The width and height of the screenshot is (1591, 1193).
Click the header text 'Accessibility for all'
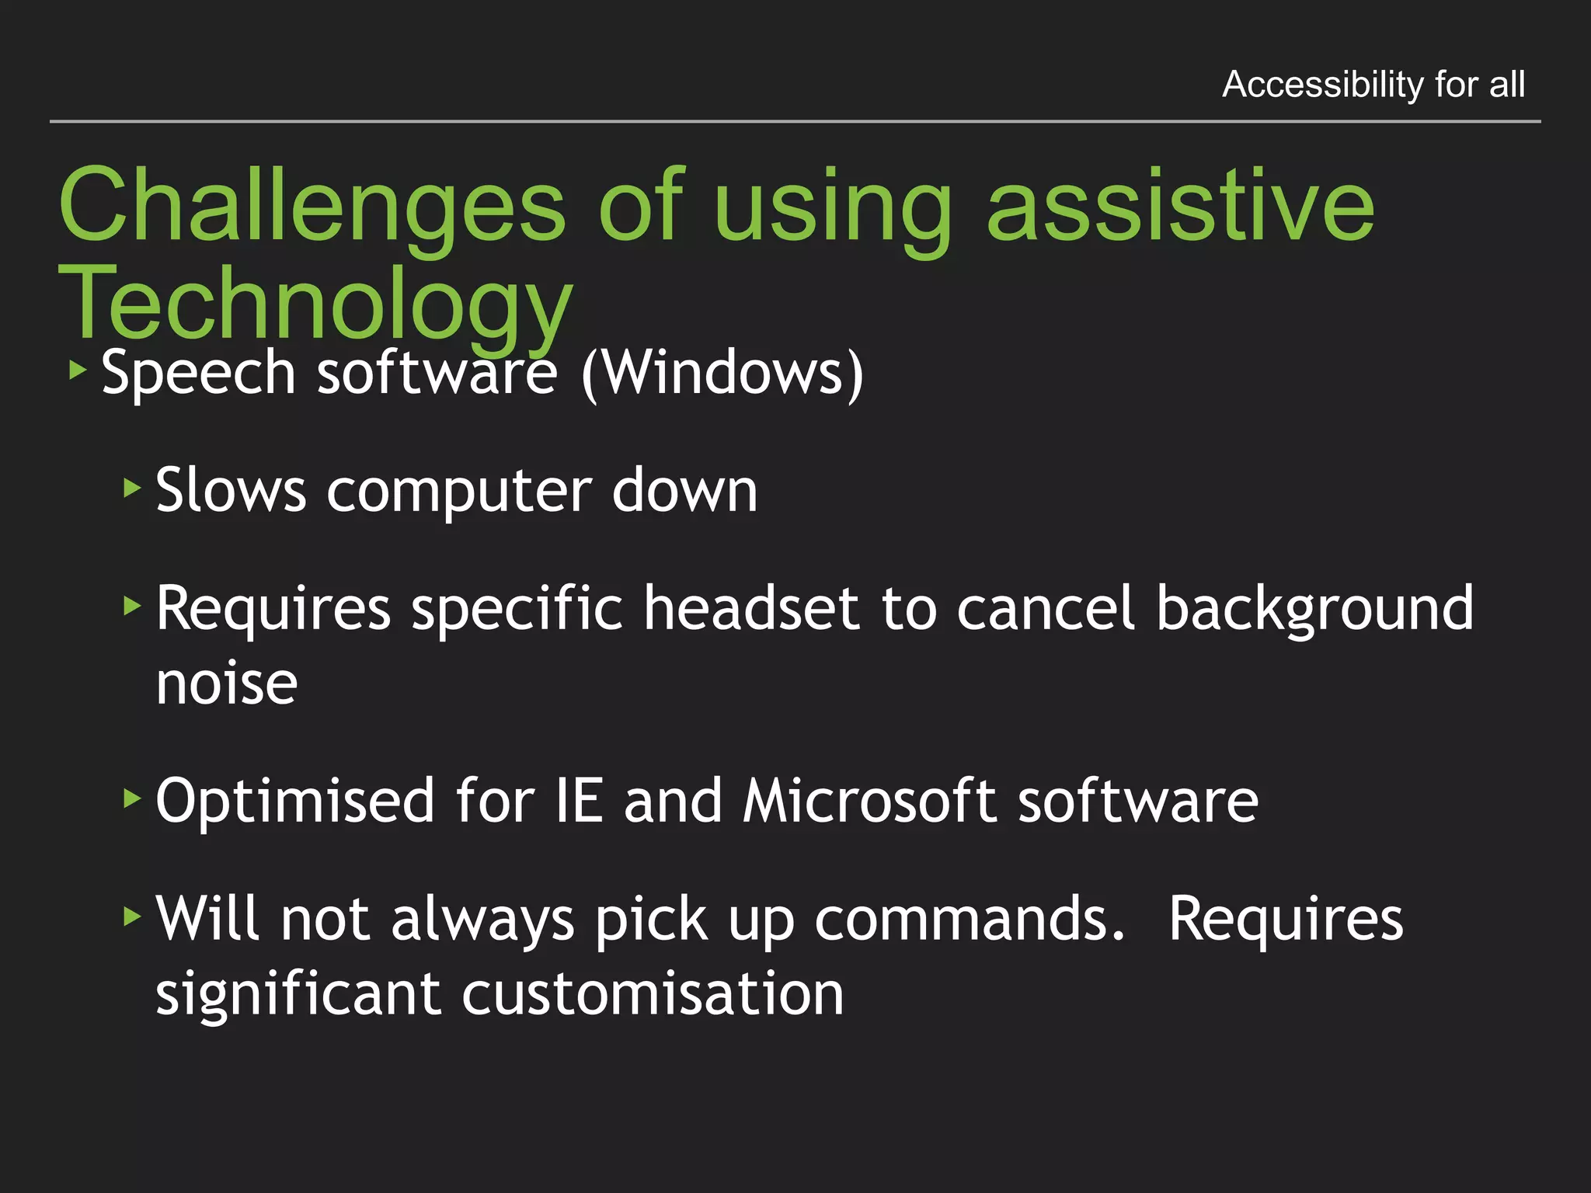(x=1373, y=84)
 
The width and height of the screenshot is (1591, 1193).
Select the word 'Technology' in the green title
(x=315, y=304)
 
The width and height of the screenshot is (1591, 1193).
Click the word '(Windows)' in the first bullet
(x=722, y=374)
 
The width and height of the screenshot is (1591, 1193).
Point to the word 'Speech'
(x=199, y=374)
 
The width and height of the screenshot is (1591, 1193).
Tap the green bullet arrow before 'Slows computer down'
(x=132, y=489)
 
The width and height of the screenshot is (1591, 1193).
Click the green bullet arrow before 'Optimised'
(x=132, y=798)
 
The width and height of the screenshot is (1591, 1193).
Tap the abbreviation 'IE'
(x=579, y=801)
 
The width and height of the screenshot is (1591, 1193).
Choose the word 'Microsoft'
(x=869, y=801)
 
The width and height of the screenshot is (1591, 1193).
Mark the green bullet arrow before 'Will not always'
(x=132, y=916)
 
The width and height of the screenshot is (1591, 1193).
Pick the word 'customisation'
(x=653, y=993)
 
